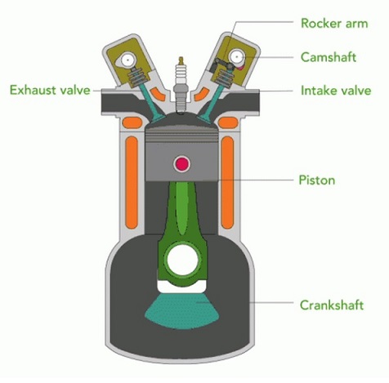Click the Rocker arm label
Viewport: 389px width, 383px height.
click(334, 23)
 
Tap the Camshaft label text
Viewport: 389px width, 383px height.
click(329, 57)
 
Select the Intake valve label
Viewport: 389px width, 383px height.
click(336, 91)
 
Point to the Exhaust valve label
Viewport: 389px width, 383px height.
click(50, 90)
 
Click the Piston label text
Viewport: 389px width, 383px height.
click(317, 180)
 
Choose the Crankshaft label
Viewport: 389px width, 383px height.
click(332, 305)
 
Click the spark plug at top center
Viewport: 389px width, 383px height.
click(181, 86)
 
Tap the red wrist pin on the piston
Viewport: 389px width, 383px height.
click(181, 164)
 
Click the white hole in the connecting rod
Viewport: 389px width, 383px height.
click(182, 261)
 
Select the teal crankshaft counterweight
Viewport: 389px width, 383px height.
click(182, 310)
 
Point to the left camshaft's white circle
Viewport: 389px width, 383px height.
click(127, 60)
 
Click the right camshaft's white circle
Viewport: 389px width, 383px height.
click(236, 56)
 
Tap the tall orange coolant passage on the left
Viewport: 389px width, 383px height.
click(132, 182)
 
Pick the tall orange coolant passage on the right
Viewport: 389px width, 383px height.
click(228, 182)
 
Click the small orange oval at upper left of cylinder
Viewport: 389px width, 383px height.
click(132, 122)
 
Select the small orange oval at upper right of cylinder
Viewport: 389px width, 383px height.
click(228, 122)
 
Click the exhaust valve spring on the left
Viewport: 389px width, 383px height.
click(137, 75)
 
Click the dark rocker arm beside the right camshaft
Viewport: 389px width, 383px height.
click(222, 65)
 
